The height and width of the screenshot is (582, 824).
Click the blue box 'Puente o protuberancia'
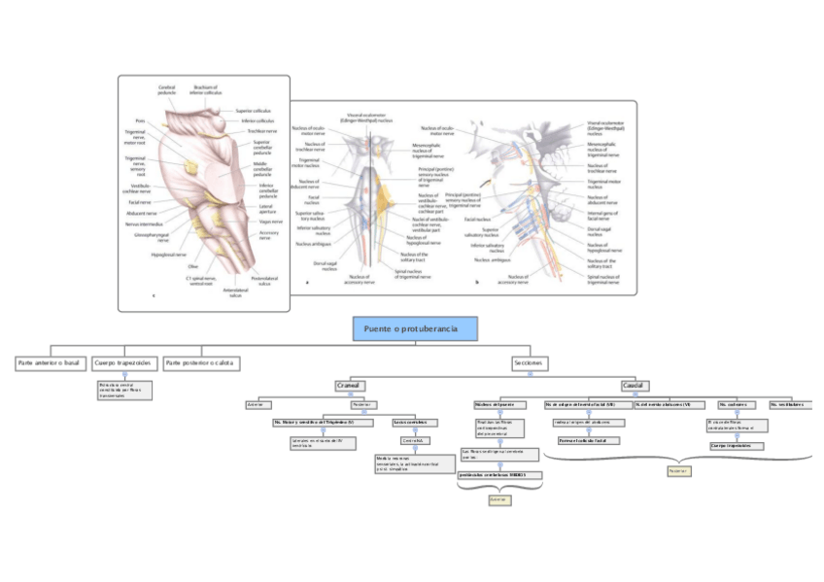click(x=416, y=329)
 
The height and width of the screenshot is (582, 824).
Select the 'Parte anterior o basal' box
click(x=48, y=362)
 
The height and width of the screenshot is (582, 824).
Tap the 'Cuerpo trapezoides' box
click(x=124, y=362)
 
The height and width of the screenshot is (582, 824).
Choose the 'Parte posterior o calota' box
click(x=202, y=362)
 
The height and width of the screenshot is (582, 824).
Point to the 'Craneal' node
click(x=349, y=385)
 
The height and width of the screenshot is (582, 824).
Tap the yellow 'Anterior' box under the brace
click(x=498, y=499)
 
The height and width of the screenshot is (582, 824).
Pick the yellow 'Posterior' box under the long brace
click(x=678, y=471)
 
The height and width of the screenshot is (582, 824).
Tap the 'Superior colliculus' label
click(x=253, y=111)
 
